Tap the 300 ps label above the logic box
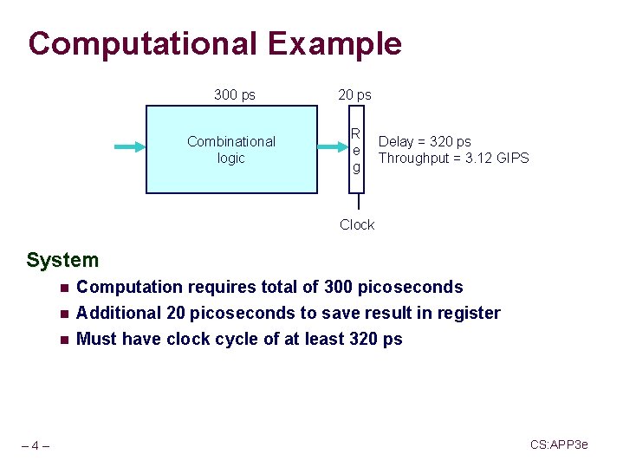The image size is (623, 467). coord(234,94)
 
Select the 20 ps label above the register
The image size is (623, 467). coord(354,94)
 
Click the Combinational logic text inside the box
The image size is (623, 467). coord(231,149)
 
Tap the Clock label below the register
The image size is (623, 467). coord(357,224)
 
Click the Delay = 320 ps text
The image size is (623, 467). coord(425,141)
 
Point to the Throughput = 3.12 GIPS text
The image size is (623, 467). coord(453,158)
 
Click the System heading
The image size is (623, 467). coord(62,260)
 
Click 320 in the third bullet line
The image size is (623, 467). coord(364,339)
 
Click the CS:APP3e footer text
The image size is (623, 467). coord(559,444)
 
